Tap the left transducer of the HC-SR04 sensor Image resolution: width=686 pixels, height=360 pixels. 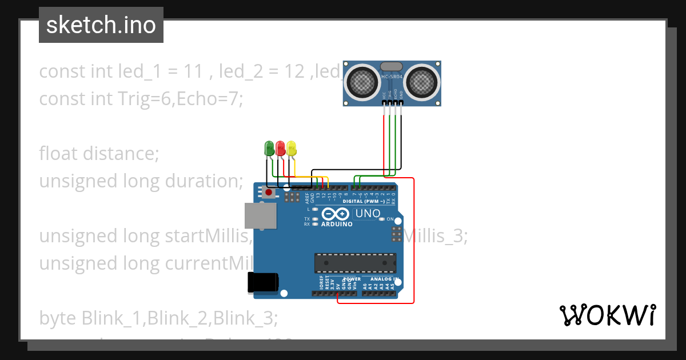(x=362, y=82)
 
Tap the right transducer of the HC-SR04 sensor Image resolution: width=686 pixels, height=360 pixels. (x=421, y=82)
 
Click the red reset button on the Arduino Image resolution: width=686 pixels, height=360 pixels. (x=269, y=193)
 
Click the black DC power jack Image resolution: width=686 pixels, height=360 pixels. (x=262, y=283)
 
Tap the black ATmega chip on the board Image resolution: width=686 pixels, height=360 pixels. (x=355, y=262)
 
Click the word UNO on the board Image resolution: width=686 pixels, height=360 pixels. (x=368, y=214)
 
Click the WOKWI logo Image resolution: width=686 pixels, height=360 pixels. (x=607, y=315)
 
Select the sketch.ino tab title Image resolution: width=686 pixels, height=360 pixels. (x=101, y=25)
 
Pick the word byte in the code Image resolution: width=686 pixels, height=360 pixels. (x=58, y=318)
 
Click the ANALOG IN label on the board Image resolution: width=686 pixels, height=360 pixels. (x=381, y=279)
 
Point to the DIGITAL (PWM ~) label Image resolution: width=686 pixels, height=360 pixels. (x=363, y=201)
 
